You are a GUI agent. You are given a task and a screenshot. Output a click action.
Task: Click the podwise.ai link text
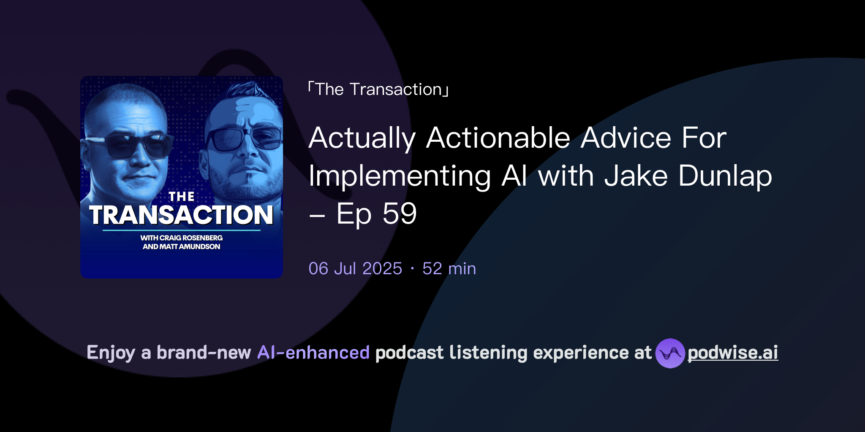click(x=732, y=353)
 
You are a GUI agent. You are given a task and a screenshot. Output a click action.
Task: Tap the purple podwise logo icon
click(x=669, y=353)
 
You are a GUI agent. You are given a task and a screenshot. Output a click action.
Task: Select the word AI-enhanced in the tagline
click(x=313, y=353)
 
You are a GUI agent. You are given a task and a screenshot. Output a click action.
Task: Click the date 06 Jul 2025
click(x=355, y=269)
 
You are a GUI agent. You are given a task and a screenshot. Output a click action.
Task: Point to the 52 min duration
click(x=449, y=269)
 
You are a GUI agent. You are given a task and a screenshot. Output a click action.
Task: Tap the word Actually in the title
click(x=362, y=138)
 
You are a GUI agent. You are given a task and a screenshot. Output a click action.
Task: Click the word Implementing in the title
click(x=400, y=176)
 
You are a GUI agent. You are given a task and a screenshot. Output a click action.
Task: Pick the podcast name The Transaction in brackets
click(x=378, y=89)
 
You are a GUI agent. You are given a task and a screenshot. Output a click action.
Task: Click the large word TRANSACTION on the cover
click(x=181, y=215)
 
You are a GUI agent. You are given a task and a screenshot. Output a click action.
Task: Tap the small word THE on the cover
click(x=181, y=197)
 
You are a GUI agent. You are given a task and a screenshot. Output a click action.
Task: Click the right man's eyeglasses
click(x=245, y=138)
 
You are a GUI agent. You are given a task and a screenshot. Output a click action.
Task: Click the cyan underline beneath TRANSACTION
click(x=181, y=230)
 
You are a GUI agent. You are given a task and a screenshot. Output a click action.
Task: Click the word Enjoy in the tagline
click(x=111, y=353)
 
